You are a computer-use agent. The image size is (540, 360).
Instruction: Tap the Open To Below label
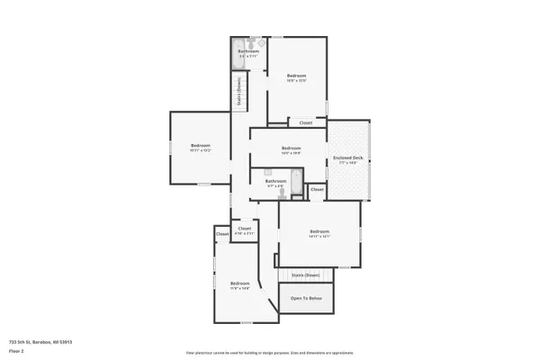tap(306, 298)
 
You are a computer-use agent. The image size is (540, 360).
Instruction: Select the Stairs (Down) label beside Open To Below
tap(306, 274)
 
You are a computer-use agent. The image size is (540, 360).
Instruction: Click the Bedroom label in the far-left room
tap(200, 146)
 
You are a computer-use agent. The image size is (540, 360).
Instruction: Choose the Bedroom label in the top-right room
tap(297, 75)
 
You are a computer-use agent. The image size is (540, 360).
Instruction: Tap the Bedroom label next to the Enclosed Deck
tap(290, 148)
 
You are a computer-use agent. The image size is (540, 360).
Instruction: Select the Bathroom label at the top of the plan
tap(248, 51)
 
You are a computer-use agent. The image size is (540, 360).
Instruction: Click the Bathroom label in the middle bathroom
tap(275, 181)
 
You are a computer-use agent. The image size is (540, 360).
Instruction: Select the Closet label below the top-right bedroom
tap(305, 122)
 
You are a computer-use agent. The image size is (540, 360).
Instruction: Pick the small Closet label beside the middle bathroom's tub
tap(317, 190)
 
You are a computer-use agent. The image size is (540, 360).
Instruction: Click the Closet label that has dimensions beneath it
tap(245, 229)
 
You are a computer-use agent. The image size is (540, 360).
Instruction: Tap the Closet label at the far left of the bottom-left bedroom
tap(222, 234)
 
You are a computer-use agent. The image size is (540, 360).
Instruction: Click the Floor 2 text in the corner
tap(15, 350)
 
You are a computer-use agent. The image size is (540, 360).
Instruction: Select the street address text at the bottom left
tap(40, 342)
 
